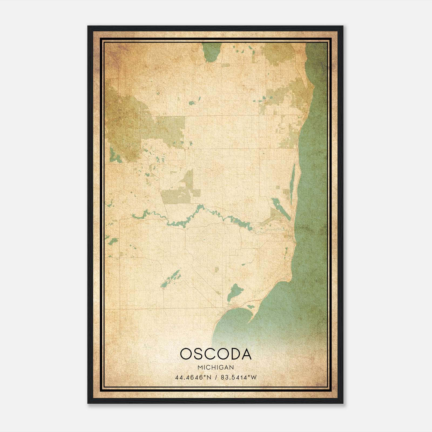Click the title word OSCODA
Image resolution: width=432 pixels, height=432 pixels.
[215, 354]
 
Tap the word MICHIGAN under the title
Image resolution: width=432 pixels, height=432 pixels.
[215, 367]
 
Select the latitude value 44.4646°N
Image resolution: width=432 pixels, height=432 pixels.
[193, 377]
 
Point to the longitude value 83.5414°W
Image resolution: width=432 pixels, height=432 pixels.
[239, 377]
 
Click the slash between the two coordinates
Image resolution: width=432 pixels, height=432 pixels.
[216, 377]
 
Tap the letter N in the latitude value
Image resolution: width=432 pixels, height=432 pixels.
[209, 377]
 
